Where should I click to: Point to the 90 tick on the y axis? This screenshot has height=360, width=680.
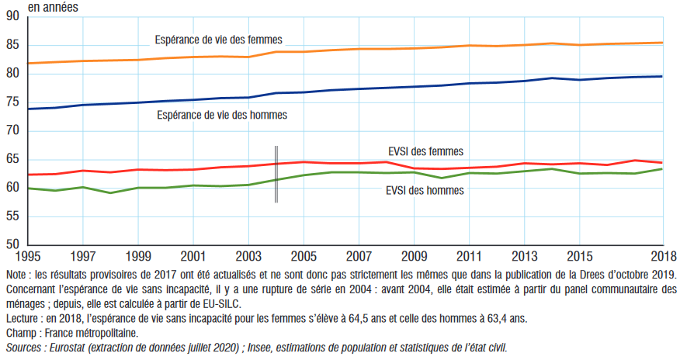pos(13,17)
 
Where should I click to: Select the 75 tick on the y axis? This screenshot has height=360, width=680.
pos(13,102)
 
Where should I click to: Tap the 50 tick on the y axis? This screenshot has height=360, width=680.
pos(13,244)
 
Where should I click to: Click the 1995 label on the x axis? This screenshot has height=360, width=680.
pos(27,256)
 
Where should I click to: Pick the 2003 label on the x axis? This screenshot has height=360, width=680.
pos(248,256)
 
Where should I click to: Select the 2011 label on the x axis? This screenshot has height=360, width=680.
pos(470,256)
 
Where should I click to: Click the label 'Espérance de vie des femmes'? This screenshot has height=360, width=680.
pos(218,40)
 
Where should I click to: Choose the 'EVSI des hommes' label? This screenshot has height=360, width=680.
pos(425,190)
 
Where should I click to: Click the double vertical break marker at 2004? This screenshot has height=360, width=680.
pos(276,175)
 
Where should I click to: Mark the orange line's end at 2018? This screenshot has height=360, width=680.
pos(662,43)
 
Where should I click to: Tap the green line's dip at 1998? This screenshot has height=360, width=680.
pos(110,192)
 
